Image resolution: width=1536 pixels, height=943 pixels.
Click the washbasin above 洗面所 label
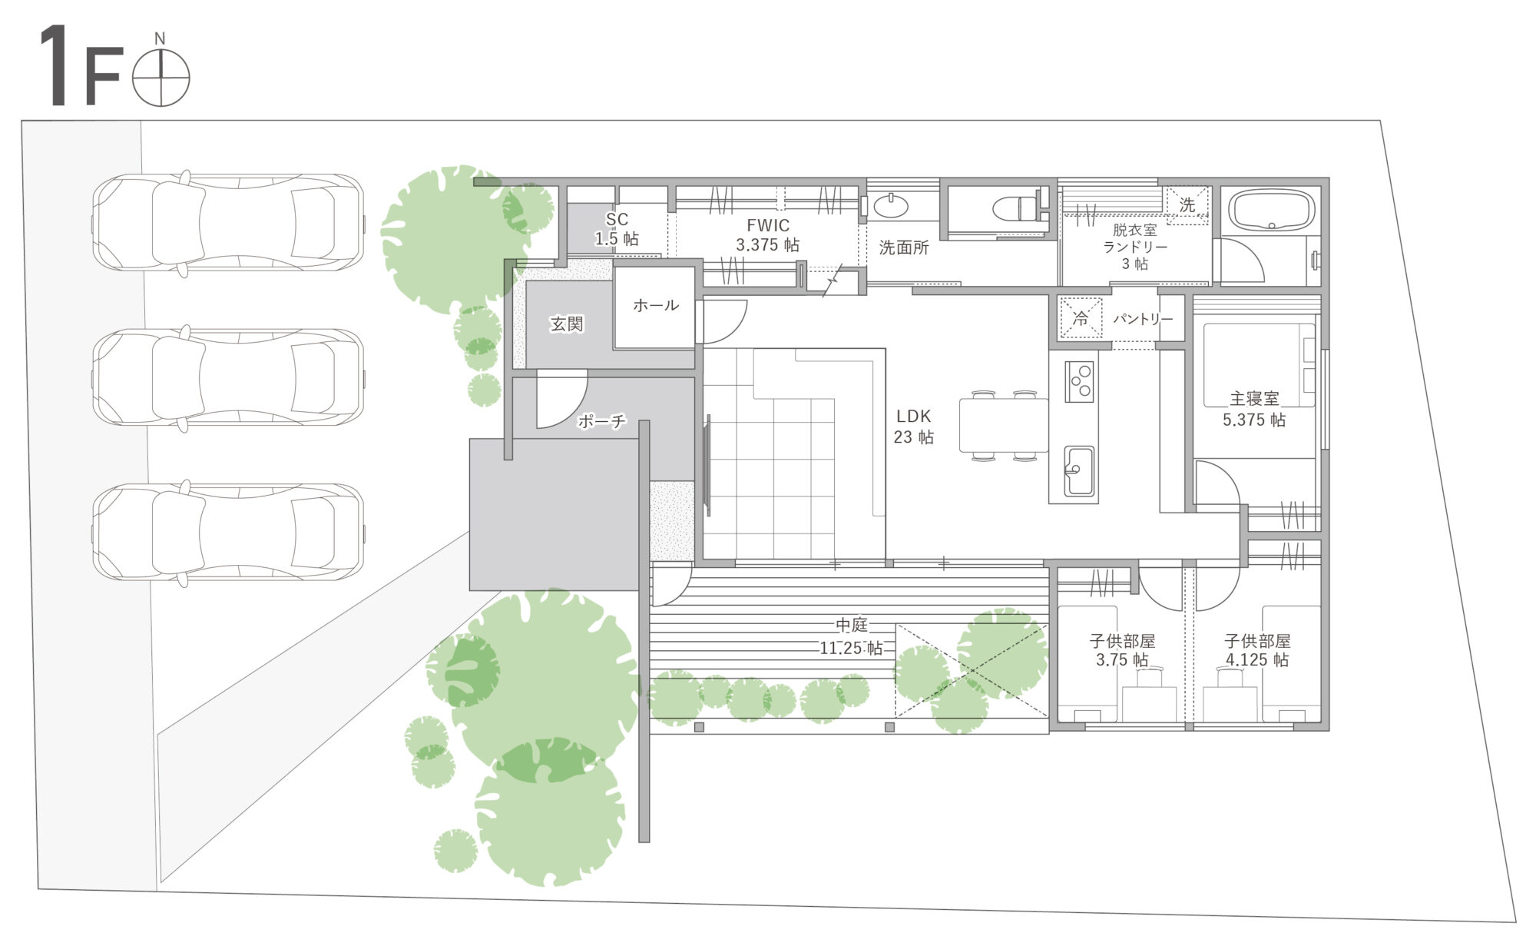[891, 206]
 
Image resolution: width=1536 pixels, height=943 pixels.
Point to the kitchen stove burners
[1079, 381]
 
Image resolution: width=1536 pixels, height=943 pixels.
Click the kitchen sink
[1079, 471]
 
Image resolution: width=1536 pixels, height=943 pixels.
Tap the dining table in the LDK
[1003, 425]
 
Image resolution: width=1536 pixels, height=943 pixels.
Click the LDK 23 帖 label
[913, 427]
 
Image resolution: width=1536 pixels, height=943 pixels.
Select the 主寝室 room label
[1254, 399]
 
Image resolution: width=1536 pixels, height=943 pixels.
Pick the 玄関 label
[567, 324]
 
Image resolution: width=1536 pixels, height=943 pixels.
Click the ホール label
[656, 305]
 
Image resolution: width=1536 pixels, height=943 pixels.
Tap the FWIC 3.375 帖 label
[767, 235]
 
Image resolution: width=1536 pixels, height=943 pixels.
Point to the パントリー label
[1143, 319]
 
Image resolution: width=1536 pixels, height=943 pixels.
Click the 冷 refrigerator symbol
[1081, 318]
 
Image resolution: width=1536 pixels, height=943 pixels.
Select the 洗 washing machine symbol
[1187, 205]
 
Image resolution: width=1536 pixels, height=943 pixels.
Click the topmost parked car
[228, 224]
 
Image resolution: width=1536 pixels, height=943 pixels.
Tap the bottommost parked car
[228, 533]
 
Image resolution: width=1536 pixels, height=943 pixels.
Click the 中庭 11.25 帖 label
[851, 637]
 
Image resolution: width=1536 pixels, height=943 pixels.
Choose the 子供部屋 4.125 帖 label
[1256, 650]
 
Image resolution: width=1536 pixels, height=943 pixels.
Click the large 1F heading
[81, 67]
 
